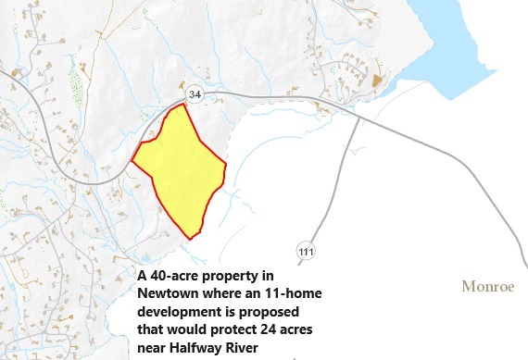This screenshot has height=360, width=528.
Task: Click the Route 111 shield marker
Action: (x=306, y=251)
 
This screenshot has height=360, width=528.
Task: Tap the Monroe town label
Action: (x=487, y=287)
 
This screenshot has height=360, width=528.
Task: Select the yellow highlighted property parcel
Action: (x=182, y=167)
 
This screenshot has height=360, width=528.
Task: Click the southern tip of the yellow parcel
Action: (x=190, y=238)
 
